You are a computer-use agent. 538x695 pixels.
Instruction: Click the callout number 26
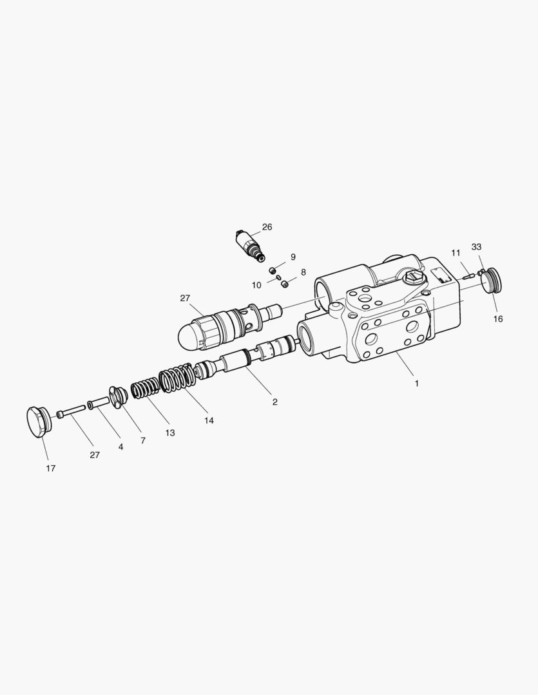267,227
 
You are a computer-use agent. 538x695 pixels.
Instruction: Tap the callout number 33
476,247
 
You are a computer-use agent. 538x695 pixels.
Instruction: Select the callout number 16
498,319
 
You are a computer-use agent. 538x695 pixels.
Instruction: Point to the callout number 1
416,384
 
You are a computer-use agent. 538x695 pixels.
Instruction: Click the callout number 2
274,402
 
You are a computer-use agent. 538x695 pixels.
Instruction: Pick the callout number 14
209,420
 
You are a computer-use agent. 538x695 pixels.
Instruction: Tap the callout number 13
170,433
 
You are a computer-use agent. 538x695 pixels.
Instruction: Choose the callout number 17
51,468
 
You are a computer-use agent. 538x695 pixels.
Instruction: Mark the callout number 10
256,286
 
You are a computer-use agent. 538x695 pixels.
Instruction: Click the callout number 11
456,253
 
